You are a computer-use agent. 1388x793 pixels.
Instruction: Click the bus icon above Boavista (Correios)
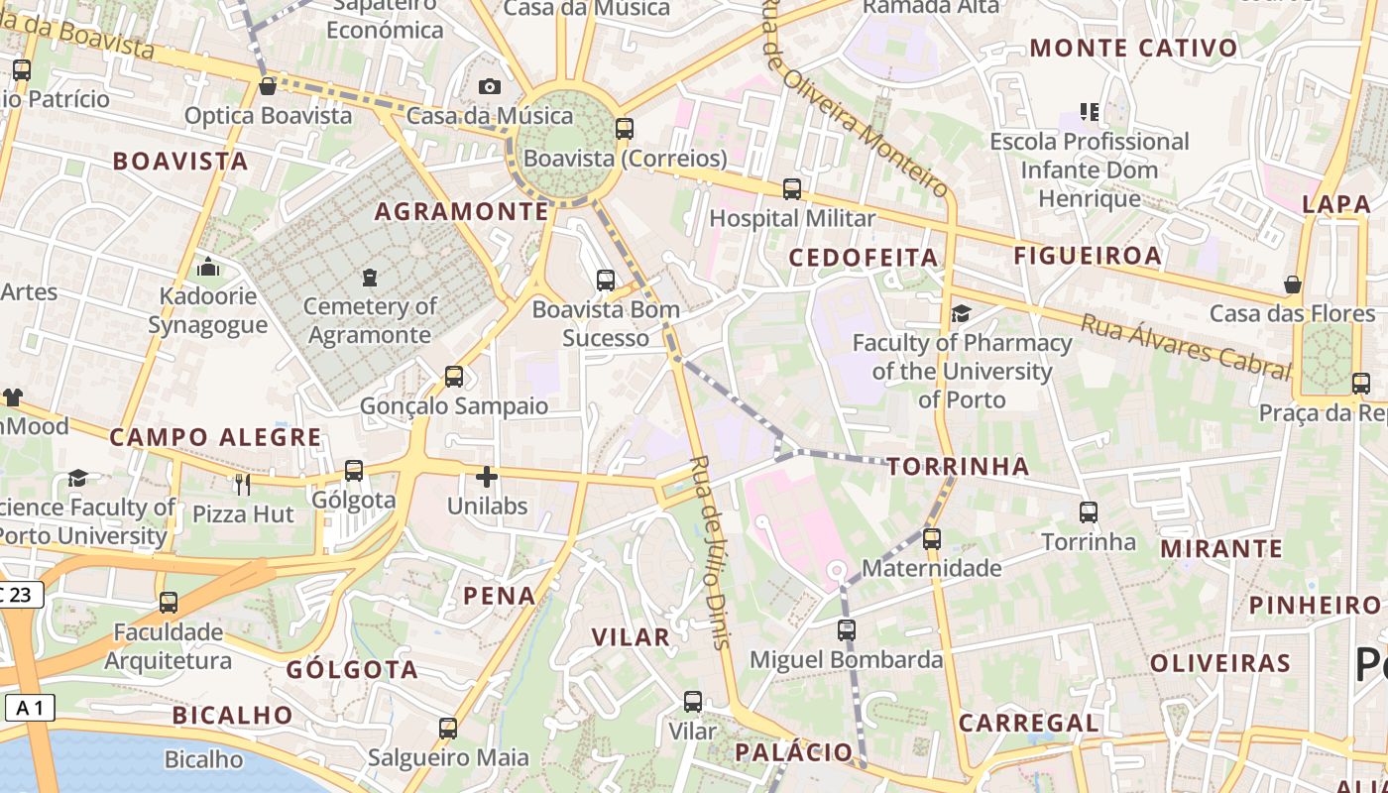[x=624, y=128]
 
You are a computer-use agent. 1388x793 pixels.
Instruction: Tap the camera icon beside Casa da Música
[x=490, y=86]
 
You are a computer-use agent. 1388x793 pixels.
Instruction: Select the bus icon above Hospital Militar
[x=792, y=188]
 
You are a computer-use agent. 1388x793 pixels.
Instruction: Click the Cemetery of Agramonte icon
[x=370, y=277]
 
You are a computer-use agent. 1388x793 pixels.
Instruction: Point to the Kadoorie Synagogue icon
[x=208, y=267]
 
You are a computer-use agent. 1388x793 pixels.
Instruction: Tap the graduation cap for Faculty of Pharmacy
[x=961, y=313]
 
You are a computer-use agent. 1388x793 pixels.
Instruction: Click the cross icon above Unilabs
[x=487, y=477]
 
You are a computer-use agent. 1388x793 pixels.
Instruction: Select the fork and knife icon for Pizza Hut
[x=242, y=484]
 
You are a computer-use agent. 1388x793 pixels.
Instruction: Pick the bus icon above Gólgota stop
[x=354, y=470]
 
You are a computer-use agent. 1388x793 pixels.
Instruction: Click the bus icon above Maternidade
[x=931, y=538]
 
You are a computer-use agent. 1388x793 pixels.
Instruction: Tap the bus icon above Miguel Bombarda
[x=846, y=629]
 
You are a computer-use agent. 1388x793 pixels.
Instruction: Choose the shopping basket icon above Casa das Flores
[x=1293, y=284]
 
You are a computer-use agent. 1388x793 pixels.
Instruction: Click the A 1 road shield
[x=29, y=708]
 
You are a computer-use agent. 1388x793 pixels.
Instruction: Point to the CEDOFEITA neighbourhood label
[x=864, y=258]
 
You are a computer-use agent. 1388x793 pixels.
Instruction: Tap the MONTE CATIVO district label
[x=1134, y=48]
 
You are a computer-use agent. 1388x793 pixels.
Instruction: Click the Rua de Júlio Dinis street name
[x=712, y=552]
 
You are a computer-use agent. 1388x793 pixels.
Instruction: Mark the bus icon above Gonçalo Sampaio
[x=454, y=376]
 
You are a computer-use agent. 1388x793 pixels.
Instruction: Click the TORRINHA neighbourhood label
[x=958, y=466]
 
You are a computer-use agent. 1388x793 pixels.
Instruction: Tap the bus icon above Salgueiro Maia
[x=448, y=729]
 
